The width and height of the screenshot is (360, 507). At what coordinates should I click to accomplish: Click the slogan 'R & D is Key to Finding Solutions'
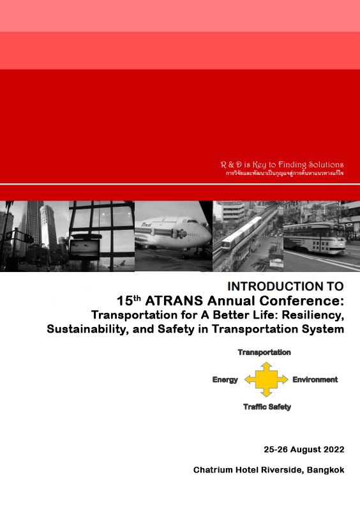(x=281, y=165)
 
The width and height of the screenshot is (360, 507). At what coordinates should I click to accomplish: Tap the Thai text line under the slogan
(x=285, y=174)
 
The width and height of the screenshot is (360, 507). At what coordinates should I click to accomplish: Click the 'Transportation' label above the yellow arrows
(x=264, y=352)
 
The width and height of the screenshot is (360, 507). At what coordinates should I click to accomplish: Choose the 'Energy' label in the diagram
(x=225, y=380)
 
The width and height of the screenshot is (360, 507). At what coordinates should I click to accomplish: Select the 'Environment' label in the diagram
(x=315, y=380)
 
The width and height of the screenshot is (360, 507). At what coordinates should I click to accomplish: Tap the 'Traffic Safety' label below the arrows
(x=266, y=407)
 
